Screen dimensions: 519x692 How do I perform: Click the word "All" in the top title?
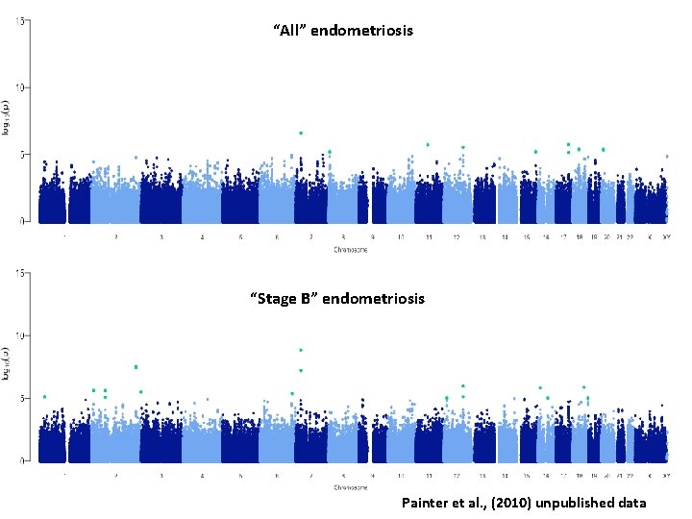(286, 31)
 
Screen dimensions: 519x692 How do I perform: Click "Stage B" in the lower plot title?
(284, 299)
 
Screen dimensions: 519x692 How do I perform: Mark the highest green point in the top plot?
(301, 133)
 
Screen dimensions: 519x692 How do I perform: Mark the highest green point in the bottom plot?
(301, 351)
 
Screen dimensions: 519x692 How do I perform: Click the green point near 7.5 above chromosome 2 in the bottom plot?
(136, 367)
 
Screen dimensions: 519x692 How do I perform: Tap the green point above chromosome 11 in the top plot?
(428, 145)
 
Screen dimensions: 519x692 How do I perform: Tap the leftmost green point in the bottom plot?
(44, 396)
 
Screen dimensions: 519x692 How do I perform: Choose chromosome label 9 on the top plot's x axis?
(374, 236)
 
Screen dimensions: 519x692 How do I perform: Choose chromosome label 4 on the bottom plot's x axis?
(202, 476)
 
